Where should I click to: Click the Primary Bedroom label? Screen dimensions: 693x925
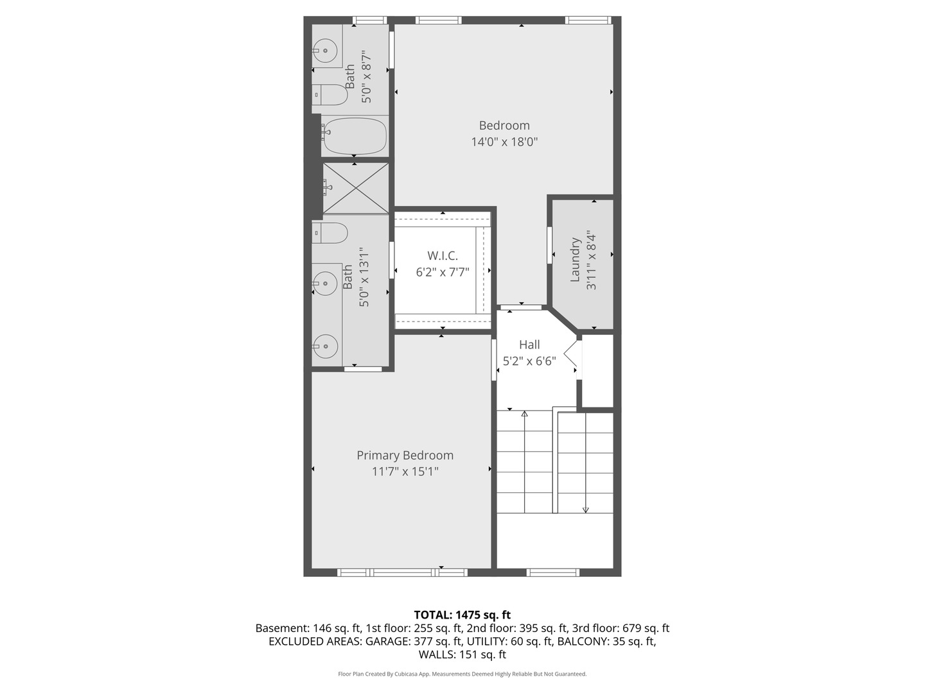pyautogui.click(x=405, y=455)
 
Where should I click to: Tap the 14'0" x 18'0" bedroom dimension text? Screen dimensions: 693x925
pyautogui.click(x=504, y=142)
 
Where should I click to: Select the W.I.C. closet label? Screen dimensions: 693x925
pyautogui.click(x=443, y=256)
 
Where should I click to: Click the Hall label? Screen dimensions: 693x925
pyautogui.click(x=529, y=345)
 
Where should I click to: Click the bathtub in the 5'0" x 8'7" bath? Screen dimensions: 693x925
pyautogui.click(x=354, y=136)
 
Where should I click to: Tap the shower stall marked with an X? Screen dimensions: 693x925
pyautogui.click(x=355, y=187)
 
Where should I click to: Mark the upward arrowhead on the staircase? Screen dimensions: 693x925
pyautogui.click(x=525, y=414)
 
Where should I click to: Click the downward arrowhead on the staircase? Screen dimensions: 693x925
pyautogui.click(x=585, y=509)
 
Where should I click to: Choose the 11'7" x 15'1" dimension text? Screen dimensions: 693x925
pyautogui.click(x=405, y=472)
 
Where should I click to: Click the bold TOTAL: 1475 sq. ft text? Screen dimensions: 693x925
pyautogui.click(x=462, y=615)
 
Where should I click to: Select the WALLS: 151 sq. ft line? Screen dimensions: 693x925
pyautogui.click(x=462, y=654)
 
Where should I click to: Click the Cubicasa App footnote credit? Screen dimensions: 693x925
pyautogui.click(x=462, y=674)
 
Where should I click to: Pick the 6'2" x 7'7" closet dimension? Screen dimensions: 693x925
pyautogui.click(x=443, y=272)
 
